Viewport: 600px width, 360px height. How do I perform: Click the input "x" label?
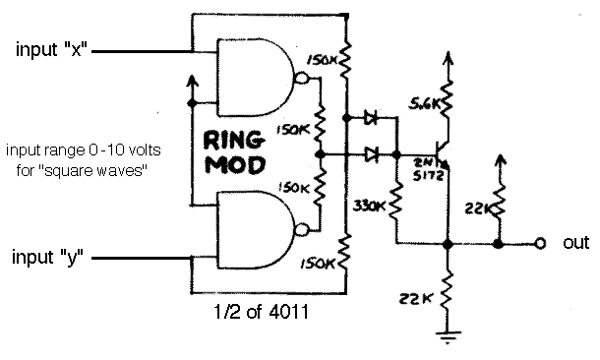[52, 49]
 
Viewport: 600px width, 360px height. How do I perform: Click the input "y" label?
[48, 257]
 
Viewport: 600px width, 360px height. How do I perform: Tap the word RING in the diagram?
[234, 141]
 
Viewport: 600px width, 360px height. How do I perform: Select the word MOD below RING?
[235, 165]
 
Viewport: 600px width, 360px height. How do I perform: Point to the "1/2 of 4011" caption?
[261, 312]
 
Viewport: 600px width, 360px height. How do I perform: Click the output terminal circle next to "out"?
[540, 243]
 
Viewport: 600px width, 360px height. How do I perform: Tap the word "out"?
[575, 243]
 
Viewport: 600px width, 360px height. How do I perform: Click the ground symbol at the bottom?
[449, 337]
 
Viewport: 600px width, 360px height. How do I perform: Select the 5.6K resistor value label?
[424, 103]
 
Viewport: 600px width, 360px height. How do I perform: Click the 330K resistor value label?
[369, 207]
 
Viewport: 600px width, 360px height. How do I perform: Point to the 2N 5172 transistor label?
[429, 169]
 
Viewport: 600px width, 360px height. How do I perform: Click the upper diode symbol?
[371, 118]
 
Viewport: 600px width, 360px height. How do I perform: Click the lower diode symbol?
[371, 154]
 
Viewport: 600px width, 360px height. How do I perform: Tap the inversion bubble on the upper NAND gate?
[302, 78]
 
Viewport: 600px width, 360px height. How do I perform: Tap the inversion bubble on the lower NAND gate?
[302, 230]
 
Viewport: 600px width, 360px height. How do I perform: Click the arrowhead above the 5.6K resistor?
[449, 57]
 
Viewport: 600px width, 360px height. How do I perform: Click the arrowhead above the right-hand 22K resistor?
[500, 160]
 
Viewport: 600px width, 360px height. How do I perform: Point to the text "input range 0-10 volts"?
[84, 150]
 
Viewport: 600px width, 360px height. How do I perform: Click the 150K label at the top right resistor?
[322, 60]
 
